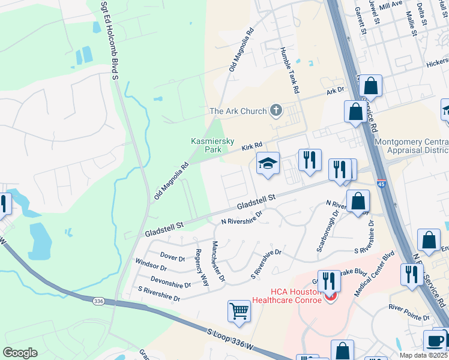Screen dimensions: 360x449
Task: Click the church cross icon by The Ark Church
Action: pos(276,110)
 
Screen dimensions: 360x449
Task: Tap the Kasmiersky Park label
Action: pos(206,145)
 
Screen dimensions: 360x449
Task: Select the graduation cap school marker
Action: pos(268,163)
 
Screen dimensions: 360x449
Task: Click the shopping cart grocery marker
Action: pos(239,311)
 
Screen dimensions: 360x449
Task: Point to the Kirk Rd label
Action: pos(252,146)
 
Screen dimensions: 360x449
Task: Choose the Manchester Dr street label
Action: pos(218,262)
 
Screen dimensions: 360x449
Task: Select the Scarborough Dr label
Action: pos(327,230)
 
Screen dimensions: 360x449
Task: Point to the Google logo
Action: pos(20,353)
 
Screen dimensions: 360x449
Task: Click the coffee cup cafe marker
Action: pos(434,340)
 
